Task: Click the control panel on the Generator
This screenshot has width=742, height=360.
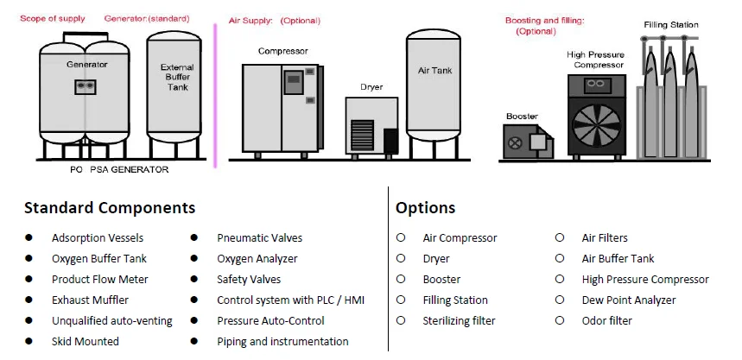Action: [x=85, y=86]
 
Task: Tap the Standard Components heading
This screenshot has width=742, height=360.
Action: [x=110, y=208]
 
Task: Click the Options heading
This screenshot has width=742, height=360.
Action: [x=425, y=208]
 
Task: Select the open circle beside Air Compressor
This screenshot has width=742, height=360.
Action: [x=401, y=237]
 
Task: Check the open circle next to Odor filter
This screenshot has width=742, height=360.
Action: [x=560, y=320]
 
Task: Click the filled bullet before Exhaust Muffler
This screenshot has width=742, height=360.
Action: [x=29, y=300]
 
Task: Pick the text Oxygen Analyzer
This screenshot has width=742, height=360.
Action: [x=257, y=258]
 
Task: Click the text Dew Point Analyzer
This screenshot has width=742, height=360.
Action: [x=629, y=300]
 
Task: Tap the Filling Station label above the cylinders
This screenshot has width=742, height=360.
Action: [x=670, y=25]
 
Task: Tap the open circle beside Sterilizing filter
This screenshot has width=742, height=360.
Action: [x=401, y=320]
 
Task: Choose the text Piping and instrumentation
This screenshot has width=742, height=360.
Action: [x=282, y=341]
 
